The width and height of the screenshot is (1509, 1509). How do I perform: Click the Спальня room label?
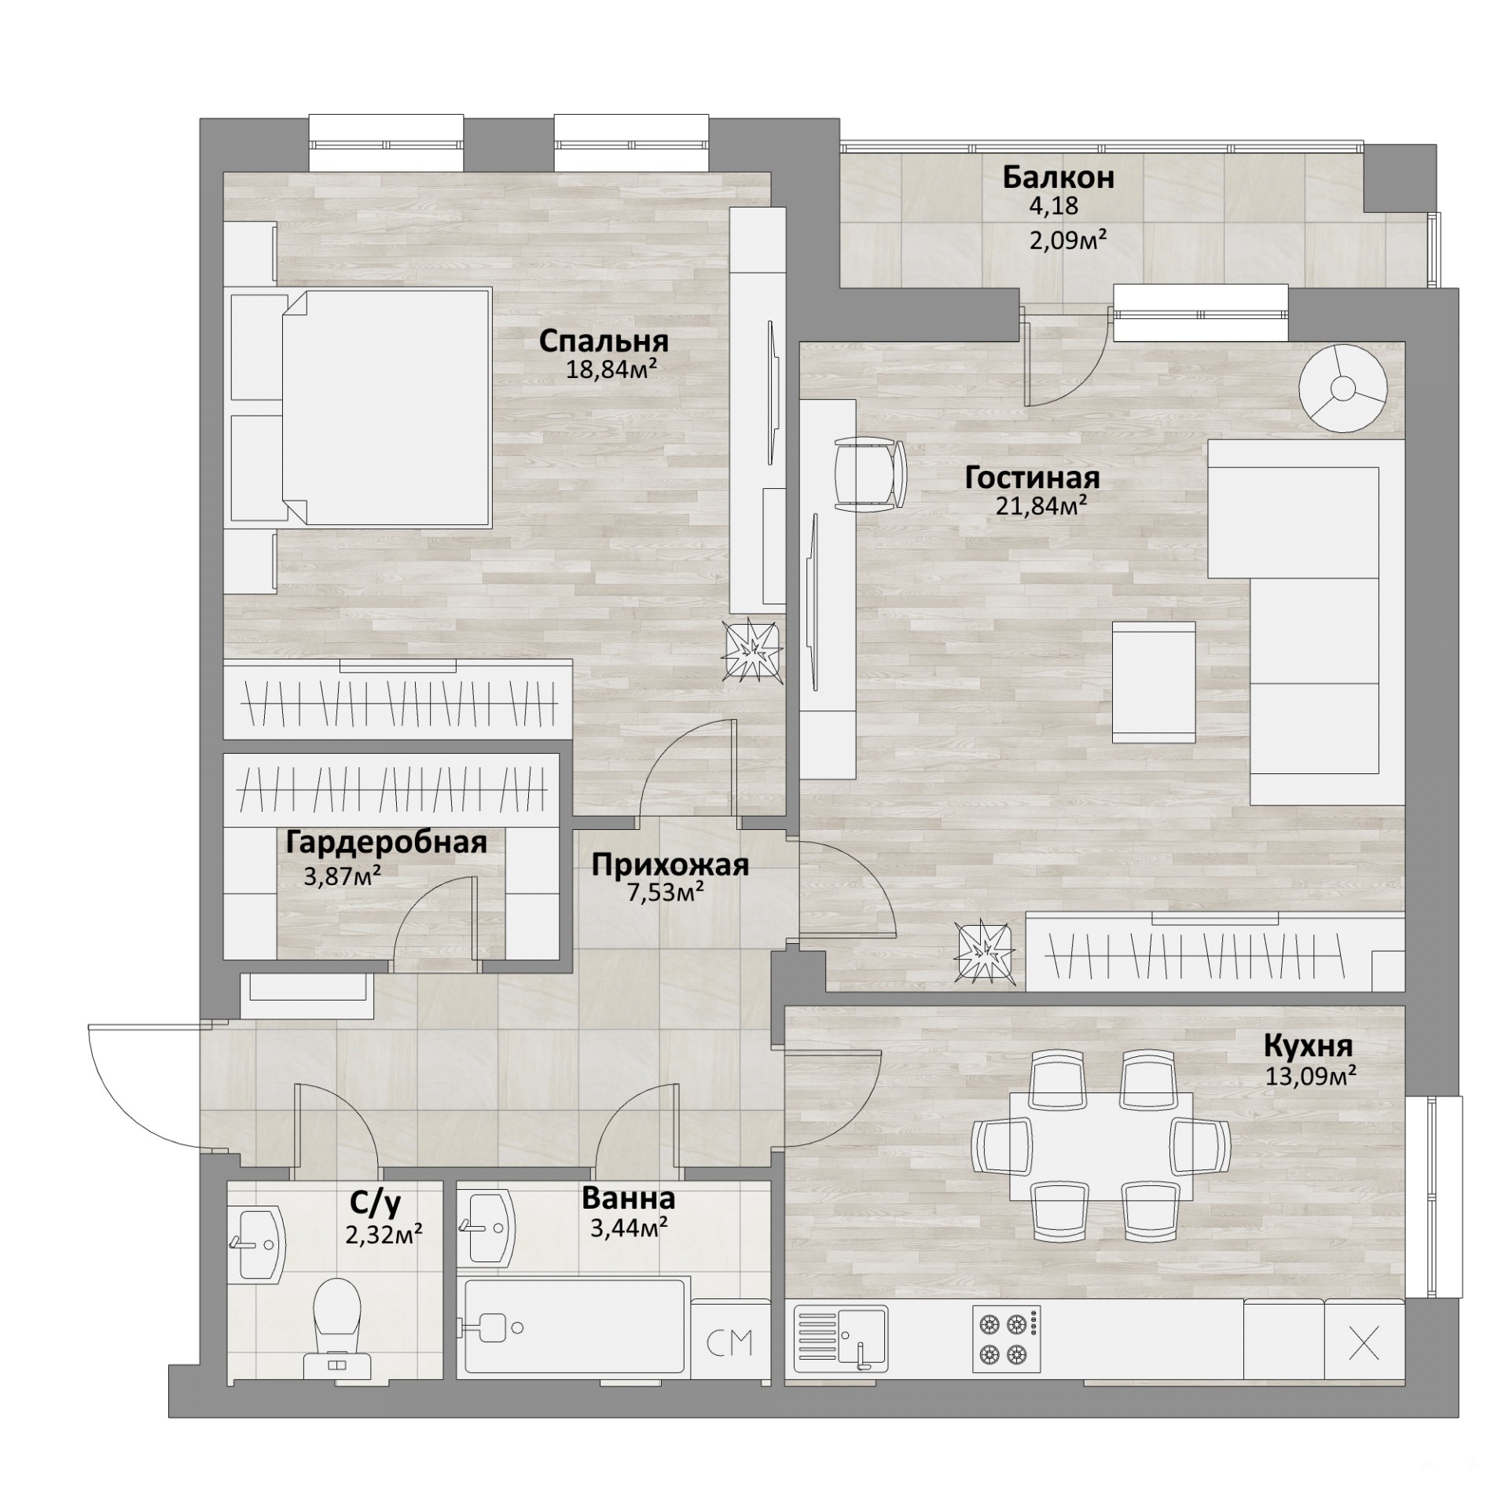click(x=604, y=342)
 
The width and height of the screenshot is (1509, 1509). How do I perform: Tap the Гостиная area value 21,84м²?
click(x=1041, y=505)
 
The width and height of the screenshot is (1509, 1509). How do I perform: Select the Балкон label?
click(x=1058, y=178)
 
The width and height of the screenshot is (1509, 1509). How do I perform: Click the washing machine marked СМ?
click(x=729, y=1338)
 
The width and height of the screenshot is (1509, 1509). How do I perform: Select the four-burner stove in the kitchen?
click(x=1007, y=1338)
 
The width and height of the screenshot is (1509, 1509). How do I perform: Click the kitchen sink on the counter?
click(x=840, y=1338)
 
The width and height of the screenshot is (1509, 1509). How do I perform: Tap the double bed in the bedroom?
click(x=385, y=406)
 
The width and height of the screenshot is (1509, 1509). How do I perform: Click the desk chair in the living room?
click(x=869, y=474)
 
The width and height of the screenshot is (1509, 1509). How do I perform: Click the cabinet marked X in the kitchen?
click(x=1364, y=1342)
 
